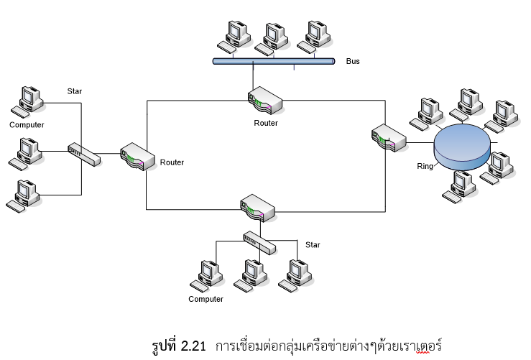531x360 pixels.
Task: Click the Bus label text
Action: tap(353, 62)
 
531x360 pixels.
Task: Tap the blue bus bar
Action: tap(274, 62)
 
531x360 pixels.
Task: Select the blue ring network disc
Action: tap(462, 146)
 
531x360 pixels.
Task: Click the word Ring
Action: tap(425, 167)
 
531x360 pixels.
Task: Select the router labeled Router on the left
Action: tap(137, 157)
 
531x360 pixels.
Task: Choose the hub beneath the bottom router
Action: tap(259, 241)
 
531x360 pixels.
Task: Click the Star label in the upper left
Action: tap(75, 91)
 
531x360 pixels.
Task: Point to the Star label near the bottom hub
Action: tap(313, 245)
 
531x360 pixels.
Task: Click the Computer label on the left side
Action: tap(27, 125)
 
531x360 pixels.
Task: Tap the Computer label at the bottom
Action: tap(206, 299)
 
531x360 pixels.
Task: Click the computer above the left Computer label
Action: tap(28, 102)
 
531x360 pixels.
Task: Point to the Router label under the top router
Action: tap(265, 123)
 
